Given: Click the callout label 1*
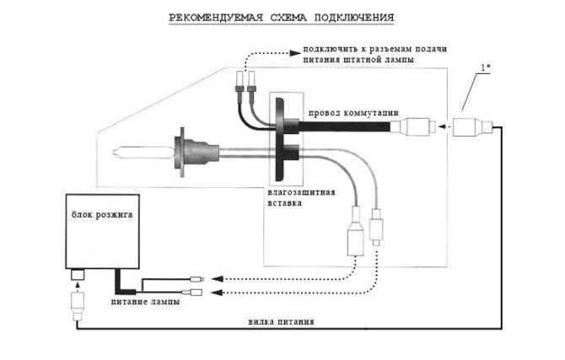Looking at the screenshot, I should (488, 65).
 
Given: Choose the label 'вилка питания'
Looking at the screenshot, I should (282, 321).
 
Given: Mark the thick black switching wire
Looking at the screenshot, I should (346, 128).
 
